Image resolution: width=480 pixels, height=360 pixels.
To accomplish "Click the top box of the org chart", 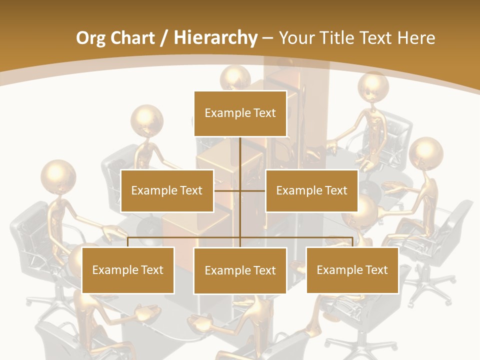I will coord(240,113).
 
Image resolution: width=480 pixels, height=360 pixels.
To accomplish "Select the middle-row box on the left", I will coord(167,190).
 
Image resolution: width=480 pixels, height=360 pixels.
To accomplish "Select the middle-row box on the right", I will coord(311,190).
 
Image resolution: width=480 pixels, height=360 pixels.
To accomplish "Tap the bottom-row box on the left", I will coord(128,270).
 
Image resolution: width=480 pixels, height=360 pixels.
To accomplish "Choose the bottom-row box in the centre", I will coord(240,270).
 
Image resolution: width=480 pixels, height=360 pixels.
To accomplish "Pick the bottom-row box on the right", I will coord(352,270).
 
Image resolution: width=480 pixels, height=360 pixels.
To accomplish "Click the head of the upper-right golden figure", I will coord(373,88).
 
